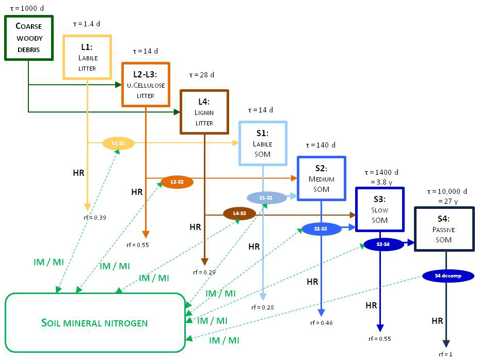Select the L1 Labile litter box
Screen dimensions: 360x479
click(x=87, y=57)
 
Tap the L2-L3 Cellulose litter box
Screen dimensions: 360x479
click(x=146, y=85)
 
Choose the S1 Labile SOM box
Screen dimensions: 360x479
click(x=262, y=143)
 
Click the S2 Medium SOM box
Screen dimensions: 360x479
click(x=321, y=178)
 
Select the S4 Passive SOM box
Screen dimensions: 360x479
click(x=444, y=229)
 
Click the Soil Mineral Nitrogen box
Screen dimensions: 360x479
click(x=94, y=323)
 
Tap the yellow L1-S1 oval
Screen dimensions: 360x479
click(x=118, y=143)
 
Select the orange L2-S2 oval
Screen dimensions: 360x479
click(x=177, y=182)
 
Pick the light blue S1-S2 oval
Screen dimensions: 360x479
click(x=266, y=198)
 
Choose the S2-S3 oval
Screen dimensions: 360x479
click(x=321, y=228)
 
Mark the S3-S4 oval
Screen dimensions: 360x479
click(x=384, y=244)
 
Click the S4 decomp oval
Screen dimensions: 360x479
click(x=448, y=275)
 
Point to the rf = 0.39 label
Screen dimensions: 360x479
click(x=94, y=218)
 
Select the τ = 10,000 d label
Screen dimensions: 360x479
click(x=444, y=192)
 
